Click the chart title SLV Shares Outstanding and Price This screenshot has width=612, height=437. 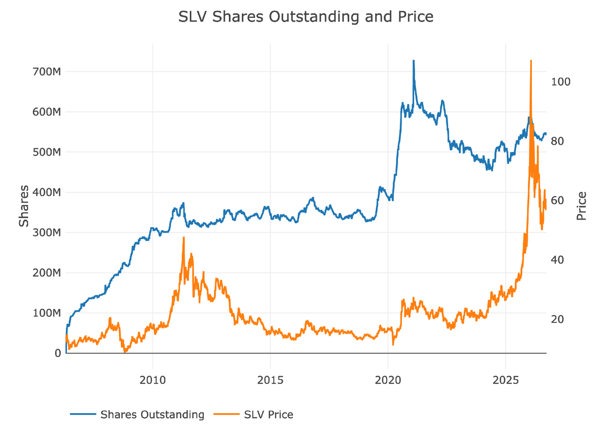305,17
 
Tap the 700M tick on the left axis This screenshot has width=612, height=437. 47,72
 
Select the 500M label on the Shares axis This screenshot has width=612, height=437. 47,152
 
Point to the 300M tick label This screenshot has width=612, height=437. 47,233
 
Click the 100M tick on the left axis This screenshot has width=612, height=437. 47,313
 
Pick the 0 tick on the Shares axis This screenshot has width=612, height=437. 58,353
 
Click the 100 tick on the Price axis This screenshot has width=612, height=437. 561,82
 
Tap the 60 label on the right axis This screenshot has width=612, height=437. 558,200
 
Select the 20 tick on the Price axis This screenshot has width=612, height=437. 558,319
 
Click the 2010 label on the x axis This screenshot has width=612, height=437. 152,380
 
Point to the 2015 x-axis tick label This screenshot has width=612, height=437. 270,380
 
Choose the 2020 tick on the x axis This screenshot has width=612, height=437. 388,380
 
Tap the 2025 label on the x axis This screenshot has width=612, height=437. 506,380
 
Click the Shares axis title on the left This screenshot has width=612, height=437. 24,206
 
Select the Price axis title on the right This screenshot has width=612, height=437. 581,206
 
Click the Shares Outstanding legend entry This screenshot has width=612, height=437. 137,414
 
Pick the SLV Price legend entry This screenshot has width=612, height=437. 253,414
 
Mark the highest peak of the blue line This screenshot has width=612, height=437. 414,60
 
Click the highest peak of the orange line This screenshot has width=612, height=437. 531,60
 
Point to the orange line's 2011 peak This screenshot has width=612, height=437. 183,237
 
